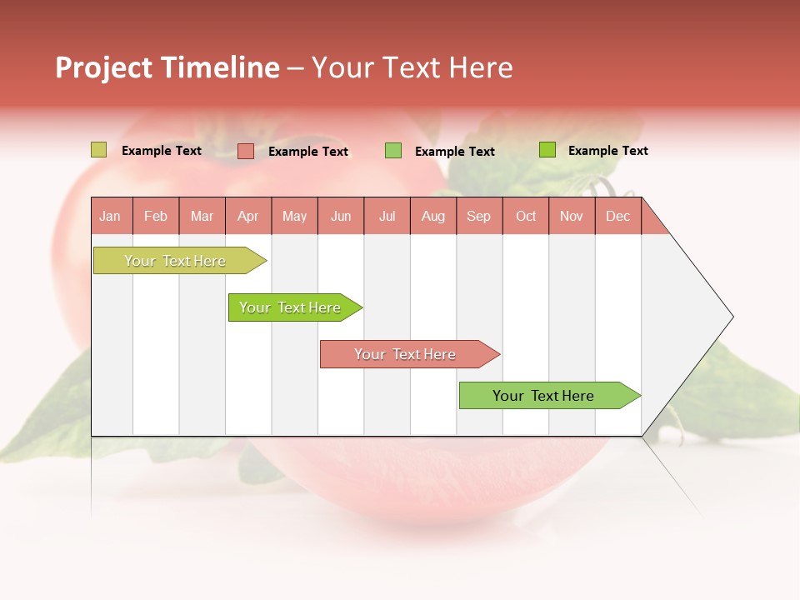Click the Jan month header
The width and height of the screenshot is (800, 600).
(x=110, y=216)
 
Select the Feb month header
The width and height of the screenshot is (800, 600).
(x=156, y=216)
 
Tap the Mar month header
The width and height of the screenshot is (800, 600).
(x=202, y=216)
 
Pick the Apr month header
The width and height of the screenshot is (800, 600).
(x=247, y=216)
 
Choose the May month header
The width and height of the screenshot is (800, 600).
(x=294, y=216)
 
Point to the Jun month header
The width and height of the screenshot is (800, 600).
(x=341, y=216)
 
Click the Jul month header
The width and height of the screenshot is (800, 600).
(x=387, y=216)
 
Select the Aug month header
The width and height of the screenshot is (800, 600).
(x=433, y=216)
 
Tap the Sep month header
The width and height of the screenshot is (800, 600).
(x=479, y=216)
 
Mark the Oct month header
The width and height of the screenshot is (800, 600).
(x=526, y=216)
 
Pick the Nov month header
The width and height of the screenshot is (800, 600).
(x=572, y=216)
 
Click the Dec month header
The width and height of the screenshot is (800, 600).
(x=617, y=216)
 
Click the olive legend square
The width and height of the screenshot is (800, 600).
(x=99, y=150)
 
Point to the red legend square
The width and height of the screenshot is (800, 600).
(x=246, y=151)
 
